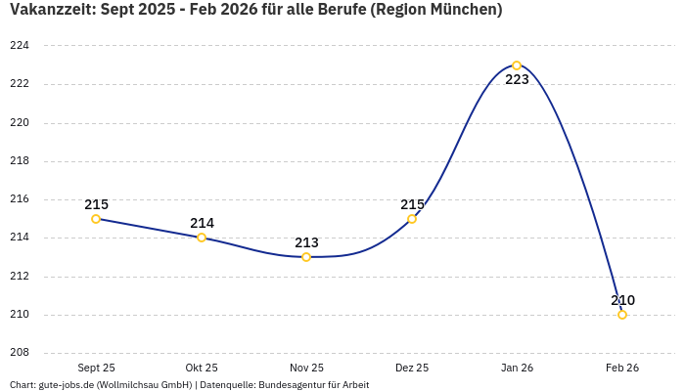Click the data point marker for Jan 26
tap(517, 65)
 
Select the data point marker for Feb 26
tap(622, 315)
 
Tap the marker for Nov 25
tap(306, 257)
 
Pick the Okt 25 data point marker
tap(202, 238)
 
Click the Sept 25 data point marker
tap(96, 219)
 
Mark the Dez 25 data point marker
tap(412, 219)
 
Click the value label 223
tap(517, 80)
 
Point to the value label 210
tap(622, 300)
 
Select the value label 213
tap(306, 242)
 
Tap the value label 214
tap(202, 223)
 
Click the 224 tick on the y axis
tap(20, 46)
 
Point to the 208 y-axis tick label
tap(20, 353)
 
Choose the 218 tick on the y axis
tap(20, 161)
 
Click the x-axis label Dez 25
tap(412, 368)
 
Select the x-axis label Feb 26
tap(622, 368)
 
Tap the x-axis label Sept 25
tap(96, 368)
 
